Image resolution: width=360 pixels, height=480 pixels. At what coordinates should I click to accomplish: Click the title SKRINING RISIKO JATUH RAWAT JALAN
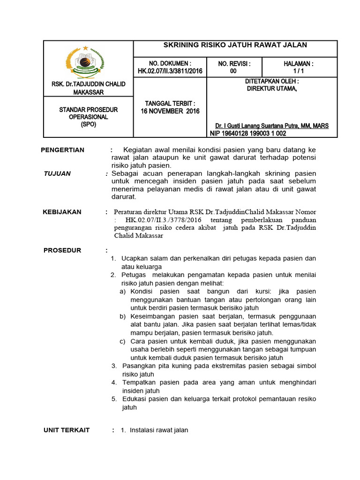click(x=235, y=45)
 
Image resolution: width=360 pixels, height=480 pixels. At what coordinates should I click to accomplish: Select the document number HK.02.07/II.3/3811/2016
click(x=170, y=71)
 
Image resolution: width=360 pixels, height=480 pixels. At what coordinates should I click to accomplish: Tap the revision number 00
click(x=233, y=71)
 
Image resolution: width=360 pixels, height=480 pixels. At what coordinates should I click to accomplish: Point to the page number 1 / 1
click(x=299, y=71)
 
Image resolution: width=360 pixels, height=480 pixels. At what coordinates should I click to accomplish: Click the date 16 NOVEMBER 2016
click(x=170, y=111)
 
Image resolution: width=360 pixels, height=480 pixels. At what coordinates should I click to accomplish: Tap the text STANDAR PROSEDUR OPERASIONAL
click(x=88, y=113)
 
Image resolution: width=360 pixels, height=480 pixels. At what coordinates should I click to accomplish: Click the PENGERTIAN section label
click(x=63, y=150)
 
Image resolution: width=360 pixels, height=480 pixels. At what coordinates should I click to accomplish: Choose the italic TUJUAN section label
click(x=57, y=173)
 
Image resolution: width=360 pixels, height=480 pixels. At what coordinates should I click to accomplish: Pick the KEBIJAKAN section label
click(x=62, y=212)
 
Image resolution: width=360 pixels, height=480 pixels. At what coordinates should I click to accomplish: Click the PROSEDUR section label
click(x=62, y=250)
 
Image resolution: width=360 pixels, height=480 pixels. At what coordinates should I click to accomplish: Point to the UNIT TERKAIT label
click(x=67, y=430)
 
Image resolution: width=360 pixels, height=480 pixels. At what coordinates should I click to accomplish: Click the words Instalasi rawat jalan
click(x=159, y=430)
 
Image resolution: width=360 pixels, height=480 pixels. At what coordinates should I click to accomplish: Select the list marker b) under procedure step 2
click(x=123, y=316)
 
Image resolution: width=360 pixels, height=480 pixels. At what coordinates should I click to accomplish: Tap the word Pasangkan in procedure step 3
click(x=140, y=366)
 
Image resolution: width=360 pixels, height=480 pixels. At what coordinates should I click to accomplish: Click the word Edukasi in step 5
click(x=135, y=399)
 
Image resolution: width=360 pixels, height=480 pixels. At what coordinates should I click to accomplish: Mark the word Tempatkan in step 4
click(x=140, y=382)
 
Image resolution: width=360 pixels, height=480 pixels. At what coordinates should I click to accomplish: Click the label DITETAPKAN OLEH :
click(x=272, y=81)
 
